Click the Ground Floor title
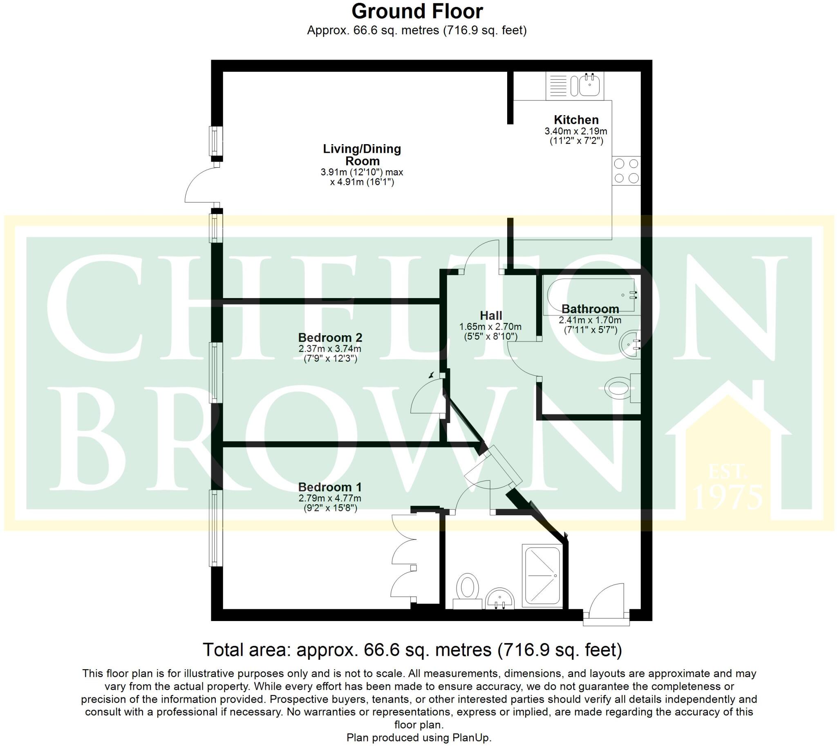417,11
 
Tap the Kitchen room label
576,120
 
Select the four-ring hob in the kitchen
626,171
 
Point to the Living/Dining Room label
362,154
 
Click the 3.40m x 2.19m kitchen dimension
576,131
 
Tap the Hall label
491,316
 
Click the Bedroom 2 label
330,338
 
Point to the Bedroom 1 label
330,487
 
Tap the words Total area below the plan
246,650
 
